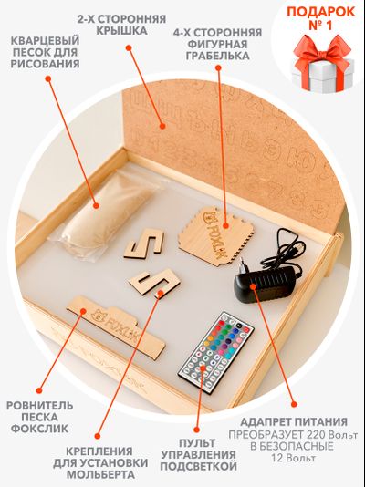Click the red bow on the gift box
(x=322, y=55)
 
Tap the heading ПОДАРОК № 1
(x=321, y=18)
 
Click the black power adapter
(x=265, y=284)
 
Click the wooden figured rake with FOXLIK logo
(x=215, y=235)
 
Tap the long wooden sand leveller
(x=116, y=326)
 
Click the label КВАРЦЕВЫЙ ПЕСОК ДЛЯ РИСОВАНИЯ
(x=45, y=52)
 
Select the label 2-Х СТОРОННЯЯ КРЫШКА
(x=121, y=25)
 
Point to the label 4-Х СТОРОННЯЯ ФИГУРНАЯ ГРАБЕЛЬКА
(x=218, y=44)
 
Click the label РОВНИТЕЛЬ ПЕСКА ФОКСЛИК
(x=40, y=417)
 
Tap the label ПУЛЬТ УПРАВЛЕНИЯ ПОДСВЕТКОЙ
(x=199, y=454)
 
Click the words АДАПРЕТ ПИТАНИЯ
(x=294, y=421)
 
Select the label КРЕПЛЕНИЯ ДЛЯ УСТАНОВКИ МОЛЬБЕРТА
(x=100, y=462)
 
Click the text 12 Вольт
(x=294, y=458)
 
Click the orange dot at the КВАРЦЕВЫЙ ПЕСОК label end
(x=47, y=78)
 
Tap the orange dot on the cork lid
(x=162, y=126)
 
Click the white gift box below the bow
(x=323, y=76)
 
